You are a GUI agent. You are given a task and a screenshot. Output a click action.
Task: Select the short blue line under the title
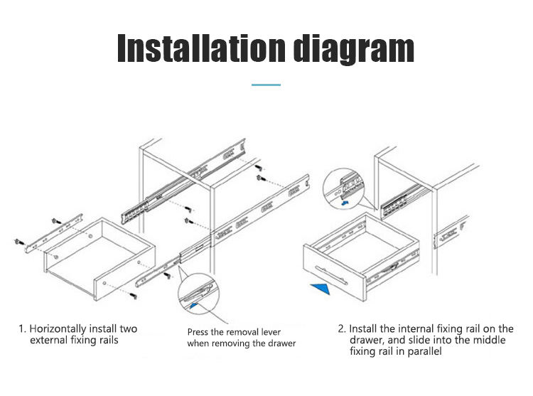(x=266, y=85)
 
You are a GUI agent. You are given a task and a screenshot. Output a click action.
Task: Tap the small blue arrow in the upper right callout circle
(x=344, y=203)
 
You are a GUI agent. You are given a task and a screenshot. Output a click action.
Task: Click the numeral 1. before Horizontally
(x=23, y=329)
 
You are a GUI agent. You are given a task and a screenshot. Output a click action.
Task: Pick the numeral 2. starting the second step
(x=342, y=329)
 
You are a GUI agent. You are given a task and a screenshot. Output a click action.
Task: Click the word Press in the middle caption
(x=200, y=332)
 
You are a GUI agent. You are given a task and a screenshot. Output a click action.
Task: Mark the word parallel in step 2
(x=424, y=352)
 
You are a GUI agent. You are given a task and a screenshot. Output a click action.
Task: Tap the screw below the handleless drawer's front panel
(x=134, y=292)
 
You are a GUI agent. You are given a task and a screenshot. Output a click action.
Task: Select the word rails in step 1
(x=105, y=341)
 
